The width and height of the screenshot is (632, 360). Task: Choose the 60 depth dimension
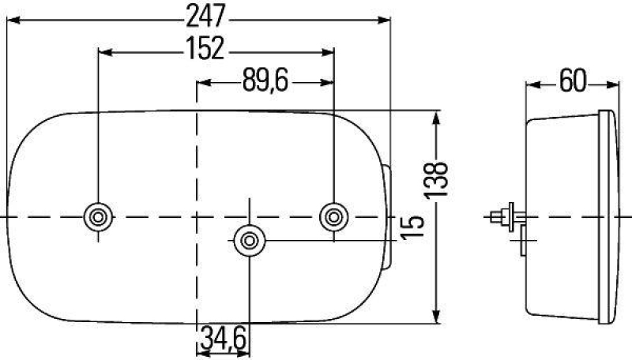(570, 81)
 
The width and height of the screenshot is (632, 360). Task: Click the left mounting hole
(98, 216)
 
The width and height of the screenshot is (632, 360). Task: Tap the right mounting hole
(333, 216)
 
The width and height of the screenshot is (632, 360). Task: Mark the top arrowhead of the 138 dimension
(437, 118)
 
